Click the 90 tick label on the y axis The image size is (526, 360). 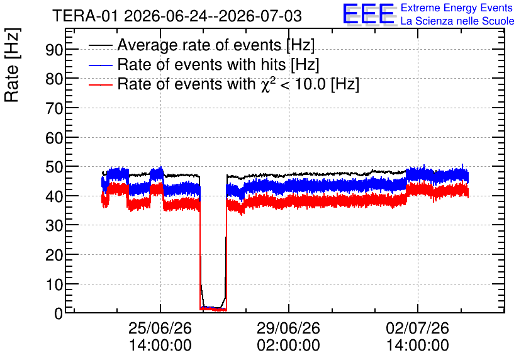[x=54, y=50]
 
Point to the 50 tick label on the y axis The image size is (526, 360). [x=54, y=167]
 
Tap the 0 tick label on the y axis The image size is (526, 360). [x=59, y=313]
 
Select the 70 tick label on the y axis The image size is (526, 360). [x=54, y=108]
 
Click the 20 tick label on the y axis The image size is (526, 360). [x=54, y=255]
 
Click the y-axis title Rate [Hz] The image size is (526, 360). [x=12, y=65]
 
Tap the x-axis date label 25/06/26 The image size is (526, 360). [x=160, y=328]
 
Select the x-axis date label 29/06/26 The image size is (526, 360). [x=289, y=328]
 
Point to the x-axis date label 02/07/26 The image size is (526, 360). [x=417, y=328]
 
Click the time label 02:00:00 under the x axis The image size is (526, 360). [x=289, y=346]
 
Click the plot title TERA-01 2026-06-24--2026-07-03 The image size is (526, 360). [x=177, y=16]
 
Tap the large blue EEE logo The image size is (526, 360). [x=369, y=14]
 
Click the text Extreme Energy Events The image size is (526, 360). [x=457, y=8]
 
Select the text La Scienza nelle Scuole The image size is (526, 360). [x=457, y=21]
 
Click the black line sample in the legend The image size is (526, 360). [x=101, y=45]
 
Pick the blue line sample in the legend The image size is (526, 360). [x=101, y=65]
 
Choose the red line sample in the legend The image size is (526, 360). [x=101, y=84]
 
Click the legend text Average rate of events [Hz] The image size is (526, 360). [x=216, y=45]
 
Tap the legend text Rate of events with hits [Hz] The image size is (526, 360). [x=218, y=64]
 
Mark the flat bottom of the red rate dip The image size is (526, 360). [x=213, y=310]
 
